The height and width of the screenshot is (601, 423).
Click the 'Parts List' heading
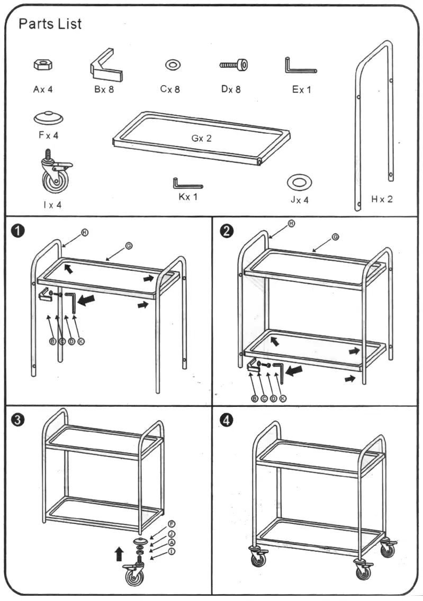click(x=50, y=24)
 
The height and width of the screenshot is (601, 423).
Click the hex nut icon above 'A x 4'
click(x=42, y=65)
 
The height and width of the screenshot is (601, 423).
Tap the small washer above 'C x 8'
click(x=173, y=65)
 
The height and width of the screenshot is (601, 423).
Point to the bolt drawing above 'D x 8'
click(x=233, y=65)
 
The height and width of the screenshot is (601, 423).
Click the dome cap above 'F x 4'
click(x=48, y=117)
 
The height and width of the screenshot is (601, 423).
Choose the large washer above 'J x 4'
click(x=299, y=183)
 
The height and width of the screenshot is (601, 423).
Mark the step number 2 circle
click(x=227, y=231)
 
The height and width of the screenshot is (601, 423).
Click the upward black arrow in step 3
click(x=119, y=554)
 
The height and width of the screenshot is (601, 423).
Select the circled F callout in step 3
click(x=172, y=523)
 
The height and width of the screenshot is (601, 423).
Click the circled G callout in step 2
click(x=335, y=236)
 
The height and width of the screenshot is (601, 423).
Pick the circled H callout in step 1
click(x=84, y=232)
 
